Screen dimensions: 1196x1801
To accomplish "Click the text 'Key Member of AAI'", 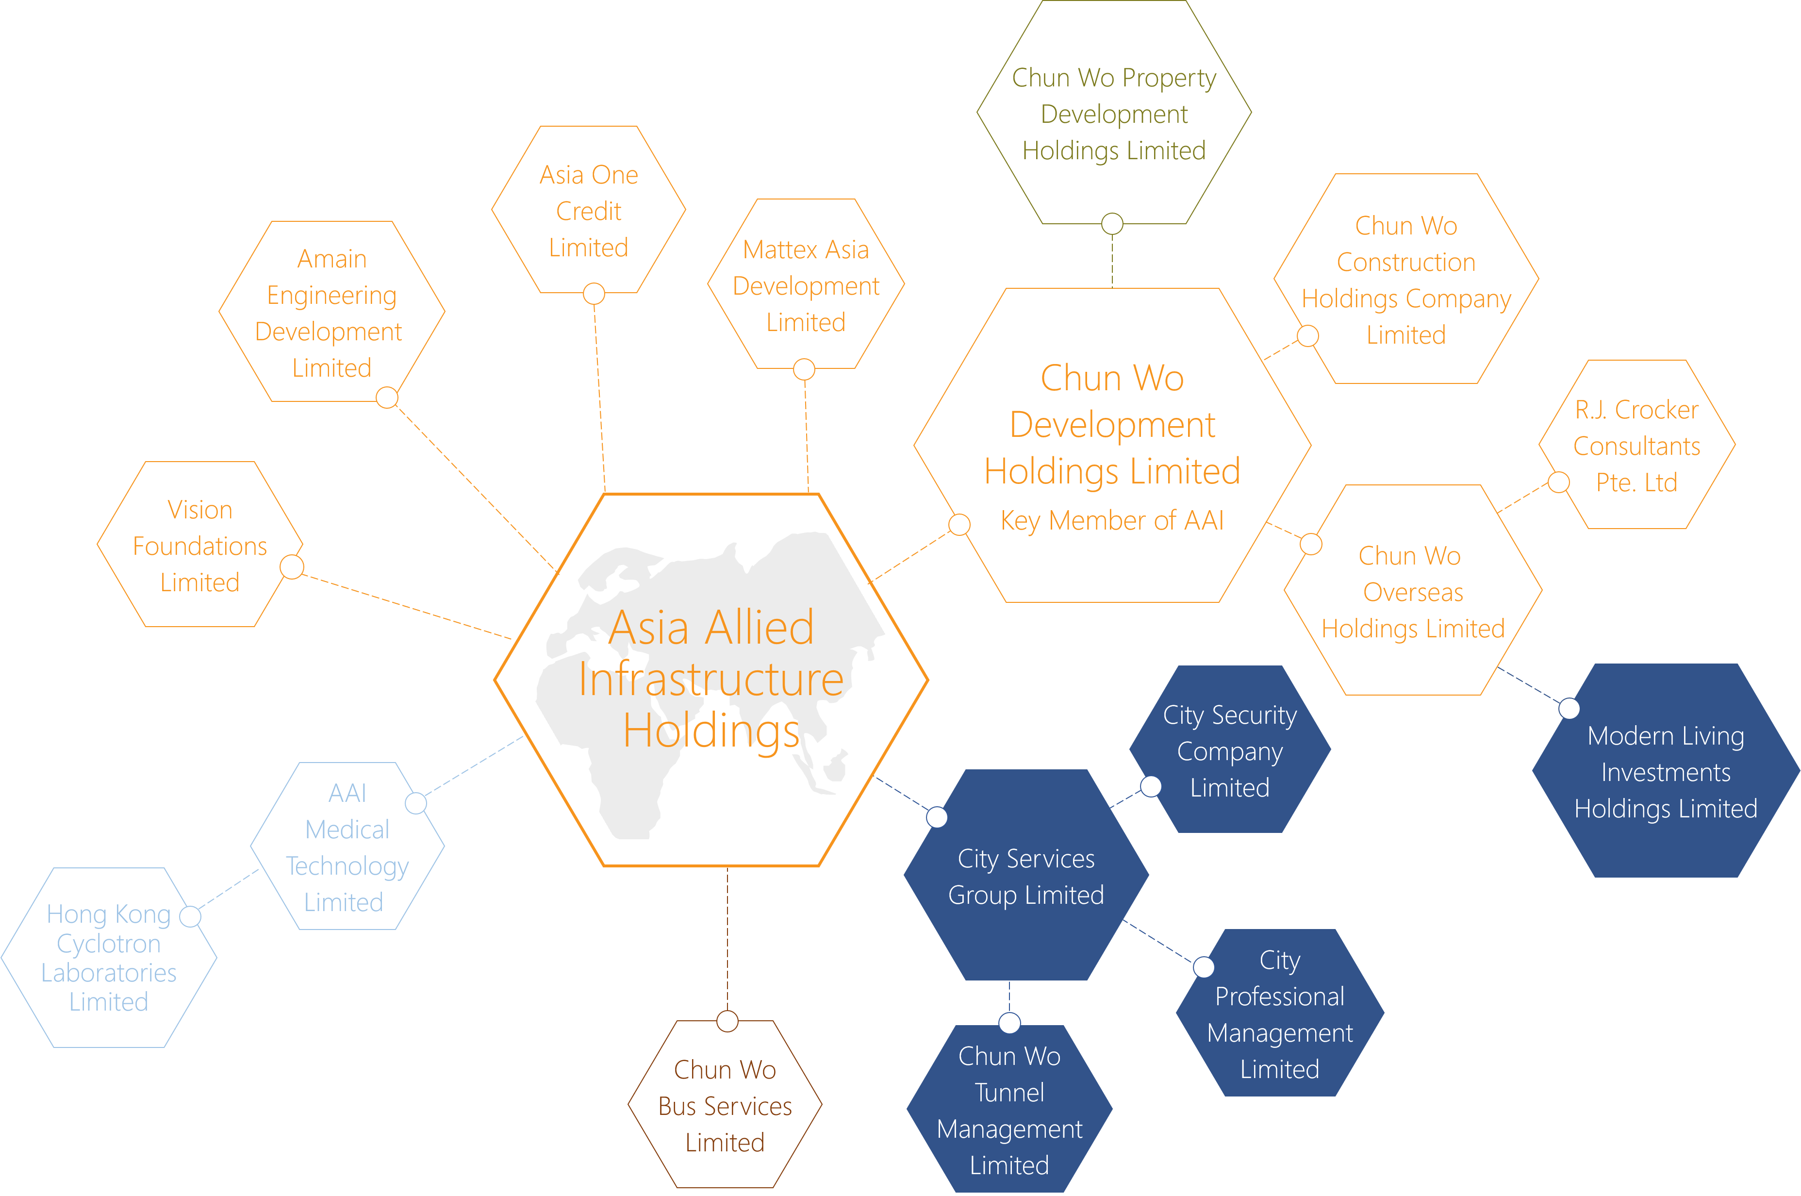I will click(x=1112, y=520).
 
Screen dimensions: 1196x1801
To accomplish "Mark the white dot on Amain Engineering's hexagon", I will click(x=387, y=398).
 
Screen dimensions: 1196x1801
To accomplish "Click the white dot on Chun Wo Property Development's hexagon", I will click(x=1112, y=223).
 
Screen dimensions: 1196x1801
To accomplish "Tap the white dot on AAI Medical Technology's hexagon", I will click(x=415, y=803).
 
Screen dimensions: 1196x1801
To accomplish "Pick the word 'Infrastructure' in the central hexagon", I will click(x=710, y=679).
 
